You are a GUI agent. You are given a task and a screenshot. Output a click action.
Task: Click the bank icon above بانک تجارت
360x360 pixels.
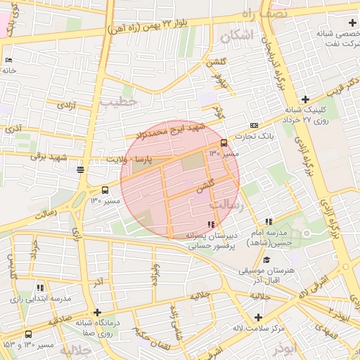tap(254, 125)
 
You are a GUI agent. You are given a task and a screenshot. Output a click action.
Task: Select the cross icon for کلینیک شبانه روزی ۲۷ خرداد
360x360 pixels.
tap(304, 99)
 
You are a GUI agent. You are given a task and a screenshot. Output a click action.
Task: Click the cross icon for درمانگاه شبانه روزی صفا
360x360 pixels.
tap(97, 313)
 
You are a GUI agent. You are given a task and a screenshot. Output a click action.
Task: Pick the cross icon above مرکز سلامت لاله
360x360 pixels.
tap(258, 317)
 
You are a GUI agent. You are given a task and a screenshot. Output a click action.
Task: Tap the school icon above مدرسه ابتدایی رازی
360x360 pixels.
tap(40, 288)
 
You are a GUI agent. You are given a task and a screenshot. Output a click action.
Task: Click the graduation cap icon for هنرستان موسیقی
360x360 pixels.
tap(266, 259)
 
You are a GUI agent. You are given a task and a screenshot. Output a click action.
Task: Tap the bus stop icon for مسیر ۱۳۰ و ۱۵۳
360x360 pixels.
tap(28, 334)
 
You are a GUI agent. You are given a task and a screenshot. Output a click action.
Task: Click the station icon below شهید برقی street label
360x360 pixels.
tap(81, 169)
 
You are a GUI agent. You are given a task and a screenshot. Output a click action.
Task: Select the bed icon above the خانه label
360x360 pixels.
tap(8, 60)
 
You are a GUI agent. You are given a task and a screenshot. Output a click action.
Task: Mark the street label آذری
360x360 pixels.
tap(13, 128)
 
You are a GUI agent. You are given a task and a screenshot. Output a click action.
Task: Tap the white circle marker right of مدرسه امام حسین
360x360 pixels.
tap(306, 233)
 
